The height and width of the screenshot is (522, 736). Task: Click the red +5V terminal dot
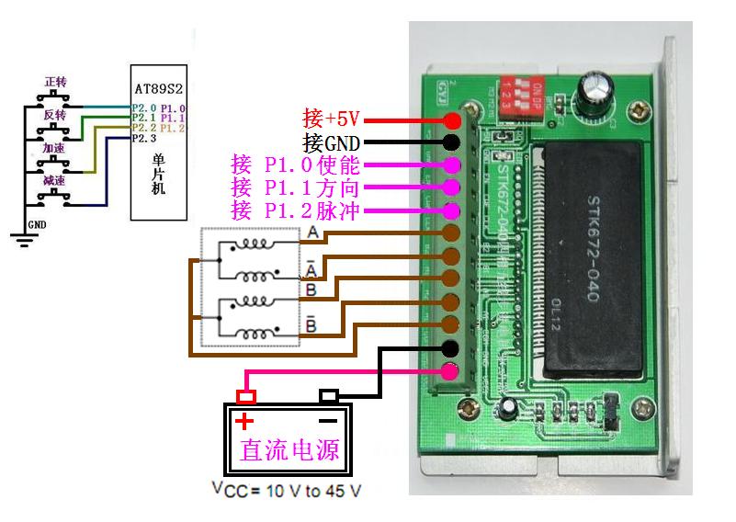point(452,120)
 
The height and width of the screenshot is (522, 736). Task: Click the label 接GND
point(331,142)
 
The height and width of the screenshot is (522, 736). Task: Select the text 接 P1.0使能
point(296,165)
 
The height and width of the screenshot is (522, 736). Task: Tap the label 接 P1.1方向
point(296,188)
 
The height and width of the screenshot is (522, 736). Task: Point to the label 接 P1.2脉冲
point(296,211)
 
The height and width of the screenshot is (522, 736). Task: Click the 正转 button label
point(55,83)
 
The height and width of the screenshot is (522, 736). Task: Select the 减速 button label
point(55,181)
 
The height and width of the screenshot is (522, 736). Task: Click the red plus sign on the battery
point(243,423)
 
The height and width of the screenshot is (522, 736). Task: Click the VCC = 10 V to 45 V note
point(286,490)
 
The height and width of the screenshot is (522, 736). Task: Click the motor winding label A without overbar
point(313,233)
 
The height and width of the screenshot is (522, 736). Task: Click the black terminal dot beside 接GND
point(452,142)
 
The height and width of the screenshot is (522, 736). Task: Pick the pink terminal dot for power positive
point(452,371)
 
